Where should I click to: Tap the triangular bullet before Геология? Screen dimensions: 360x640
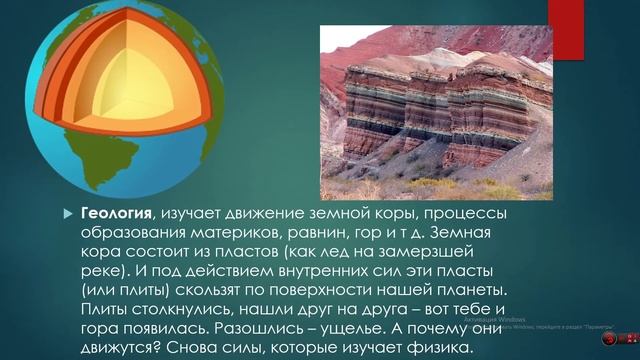pos(68,214)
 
